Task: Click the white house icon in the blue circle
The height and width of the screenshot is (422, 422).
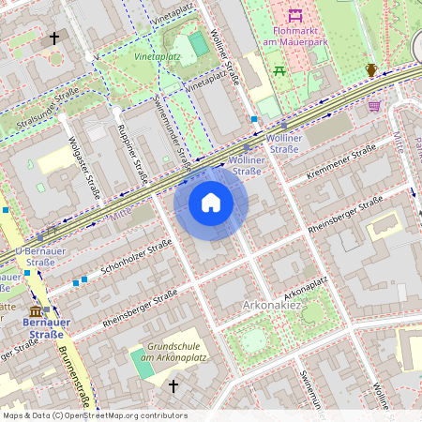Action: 211,203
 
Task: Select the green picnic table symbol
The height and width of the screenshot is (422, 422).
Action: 279,70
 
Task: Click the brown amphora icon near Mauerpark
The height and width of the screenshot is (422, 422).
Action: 371,69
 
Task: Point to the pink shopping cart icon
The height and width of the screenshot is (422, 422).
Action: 375,106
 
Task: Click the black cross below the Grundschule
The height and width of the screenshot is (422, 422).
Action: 173,385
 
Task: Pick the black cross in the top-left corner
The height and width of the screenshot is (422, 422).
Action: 54,38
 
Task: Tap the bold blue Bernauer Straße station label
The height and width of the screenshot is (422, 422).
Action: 45,328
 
